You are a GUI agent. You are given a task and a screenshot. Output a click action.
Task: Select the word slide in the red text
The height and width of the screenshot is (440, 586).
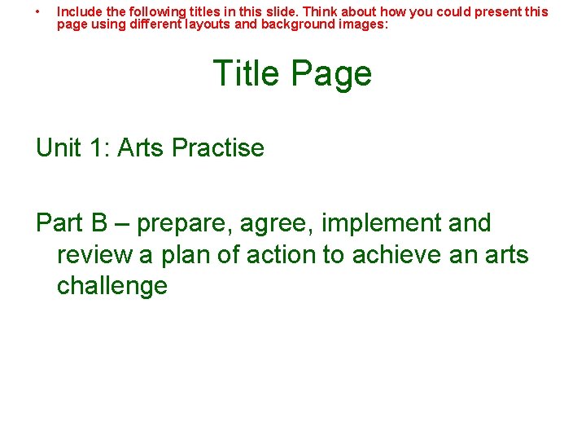coord(282,12)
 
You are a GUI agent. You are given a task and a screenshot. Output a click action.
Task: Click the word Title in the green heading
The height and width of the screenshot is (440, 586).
coord(246,73)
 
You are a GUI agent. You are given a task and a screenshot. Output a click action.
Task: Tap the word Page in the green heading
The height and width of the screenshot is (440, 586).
coord(330,74)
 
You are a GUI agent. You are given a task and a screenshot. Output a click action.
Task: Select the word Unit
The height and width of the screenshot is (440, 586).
coord(59,148)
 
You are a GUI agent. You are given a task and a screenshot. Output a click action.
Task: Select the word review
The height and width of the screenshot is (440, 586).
coord(94,255)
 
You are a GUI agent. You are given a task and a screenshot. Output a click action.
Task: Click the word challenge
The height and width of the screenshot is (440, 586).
coord(112,286)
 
